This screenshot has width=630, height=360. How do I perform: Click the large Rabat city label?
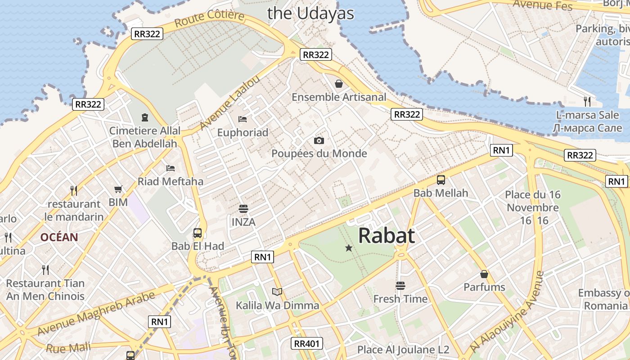tap(387, 235)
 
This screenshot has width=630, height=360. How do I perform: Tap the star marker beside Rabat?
tap(348, 248)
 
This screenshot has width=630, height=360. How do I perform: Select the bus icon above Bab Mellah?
tap(441, 180)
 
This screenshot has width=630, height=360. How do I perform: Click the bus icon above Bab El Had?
tap(198, 233)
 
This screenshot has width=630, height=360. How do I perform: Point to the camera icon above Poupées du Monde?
tap(319, 141)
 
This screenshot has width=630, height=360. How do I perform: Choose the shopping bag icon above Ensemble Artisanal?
tap(339, 84)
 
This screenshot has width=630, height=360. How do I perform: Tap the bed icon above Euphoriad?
tap(243, 119)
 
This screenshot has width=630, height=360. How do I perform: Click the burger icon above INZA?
tap(243, 209)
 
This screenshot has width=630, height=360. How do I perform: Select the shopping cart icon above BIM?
tap(118, 189)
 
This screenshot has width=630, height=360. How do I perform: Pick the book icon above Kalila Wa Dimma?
tap(277, 292)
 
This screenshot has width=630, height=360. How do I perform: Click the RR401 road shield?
tap(307, 344)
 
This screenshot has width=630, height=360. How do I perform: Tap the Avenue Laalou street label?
tap(230, 103)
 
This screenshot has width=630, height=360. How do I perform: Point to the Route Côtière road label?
tap(209, 19)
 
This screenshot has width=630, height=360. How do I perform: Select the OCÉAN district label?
tap(59, 237)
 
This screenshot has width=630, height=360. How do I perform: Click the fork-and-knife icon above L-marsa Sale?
tap(587, 101)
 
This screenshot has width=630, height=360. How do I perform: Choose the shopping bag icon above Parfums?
tap(484, 274)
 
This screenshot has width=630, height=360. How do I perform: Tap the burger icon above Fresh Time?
tap(400, 286)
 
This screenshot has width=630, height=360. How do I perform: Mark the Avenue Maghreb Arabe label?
tap(96, 314)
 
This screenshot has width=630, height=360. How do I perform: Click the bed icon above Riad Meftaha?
tap(171, 168)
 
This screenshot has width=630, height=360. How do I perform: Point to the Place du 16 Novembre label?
tap(533, 201)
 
